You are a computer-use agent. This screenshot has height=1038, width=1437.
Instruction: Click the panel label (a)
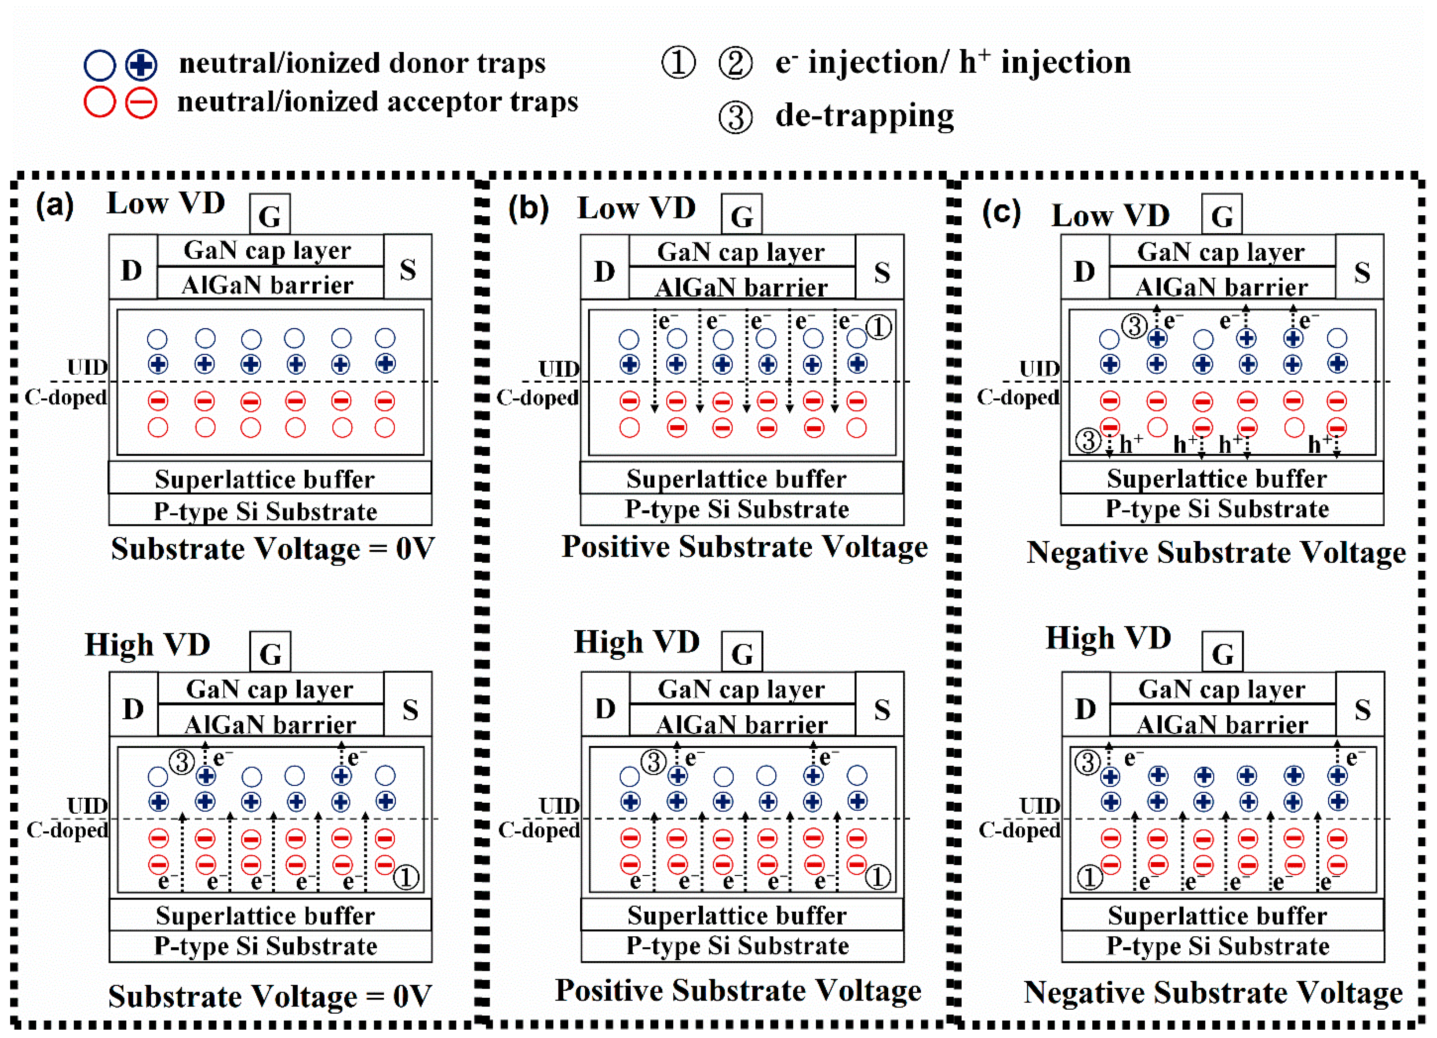click(54, 206)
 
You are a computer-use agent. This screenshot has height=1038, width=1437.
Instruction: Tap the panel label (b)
click(528, 209)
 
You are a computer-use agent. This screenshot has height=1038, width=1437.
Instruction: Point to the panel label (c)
click(1001, 213)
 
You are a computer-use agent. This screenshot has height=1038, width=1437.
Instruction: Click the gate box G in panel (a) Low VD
click(270, 215)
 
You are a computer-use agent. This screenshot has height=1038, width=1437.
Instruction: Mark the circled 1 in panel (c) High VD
click(1089, 878)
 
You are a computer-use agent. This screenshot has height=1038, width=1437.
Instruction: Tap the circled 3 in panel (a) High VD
click(182, 762)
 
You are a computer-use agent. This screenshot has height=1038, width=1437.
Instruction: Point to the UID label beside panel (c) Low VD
click(1039, 368)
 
